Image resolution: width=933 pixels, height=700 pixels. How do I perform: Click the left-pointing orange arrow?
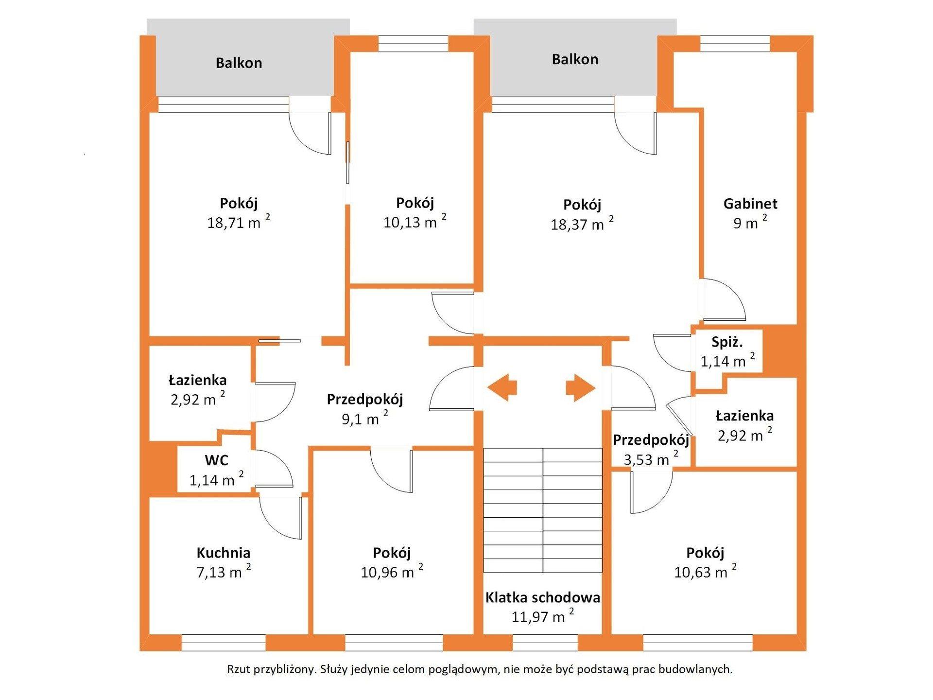tap(502, 387)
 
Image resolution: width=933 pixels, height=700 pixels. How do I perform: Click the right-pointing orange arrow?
tap(581, 387)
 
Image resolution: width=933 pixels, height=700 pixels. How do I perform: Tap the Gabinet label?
tap(750, 203)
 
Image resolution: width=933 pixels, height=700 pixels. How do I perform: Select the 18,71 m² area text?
tap(239, 222)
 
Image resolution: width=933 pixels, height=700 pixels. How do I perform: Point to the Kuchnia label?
tap(224, 553)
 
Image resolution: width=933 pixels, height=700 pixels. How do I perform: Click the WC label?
tap(216, 460)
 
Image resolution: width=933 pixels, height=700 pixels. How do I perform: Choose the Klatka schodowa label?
tap(542, 597)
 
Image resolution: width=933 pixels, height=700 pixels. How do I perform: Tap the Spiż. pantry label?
tap(727, 342)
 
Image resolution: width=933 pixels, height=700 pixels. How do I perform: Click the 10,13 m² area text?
tap(415, 222)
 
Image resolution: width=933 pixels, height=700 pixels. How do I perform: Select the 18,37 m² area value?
tap(582, 224)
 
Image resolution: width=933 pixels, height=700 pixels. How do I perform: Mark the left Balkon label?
tap(239, 63)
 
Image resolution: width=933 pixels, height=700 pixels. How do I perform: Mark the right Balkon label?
tap(575, 59)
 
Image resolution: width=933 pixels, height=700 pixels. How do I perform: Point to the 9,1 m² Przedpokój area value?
tap(365, 418)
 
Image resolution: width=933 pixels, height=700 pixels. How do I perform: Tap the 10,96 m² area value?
tap(392, 572)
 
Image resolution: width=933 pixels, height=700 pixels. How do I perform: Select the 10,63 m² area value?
tap(705, 572)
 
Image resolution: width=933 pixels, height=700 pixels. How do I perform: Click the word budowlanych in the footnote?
tap(699, 669)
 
